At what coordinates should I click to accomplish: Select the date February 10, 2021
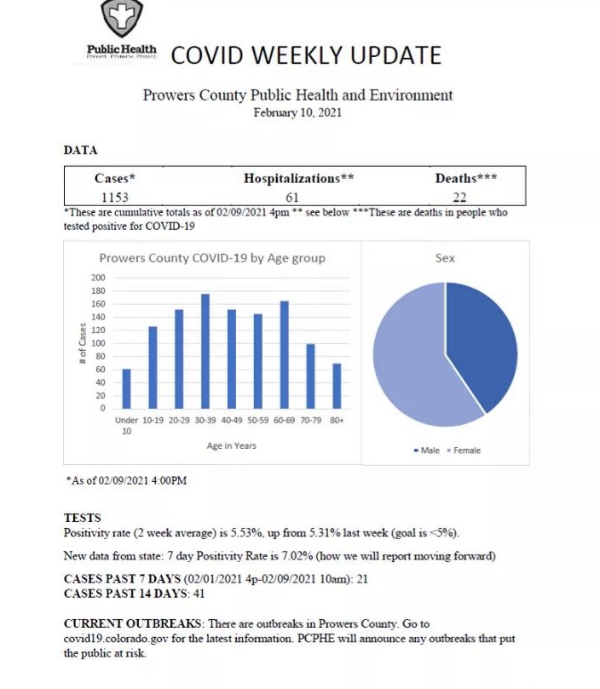point(297,112)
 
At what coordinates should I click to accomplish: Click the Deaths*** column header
point(466,179)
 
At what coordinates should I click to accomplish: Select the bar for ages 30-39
point(205,351)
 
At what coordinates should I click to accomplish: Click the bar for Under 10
point(127,388)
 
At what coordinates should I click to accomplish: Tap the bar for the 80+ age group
point(336,386)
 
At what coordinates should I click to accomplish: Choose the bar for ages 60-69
point(284,354)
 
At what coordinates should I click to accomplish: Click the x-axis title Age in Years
point(231,445)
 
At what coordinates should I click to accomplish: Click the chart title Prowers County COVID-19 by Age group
point(211,258)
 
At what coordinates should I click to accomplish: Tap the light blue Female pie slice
point(409,358)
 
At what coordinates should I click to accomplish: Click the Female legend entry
point(464,451)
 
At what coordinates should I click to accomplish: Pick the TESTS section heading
point(82,517)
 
